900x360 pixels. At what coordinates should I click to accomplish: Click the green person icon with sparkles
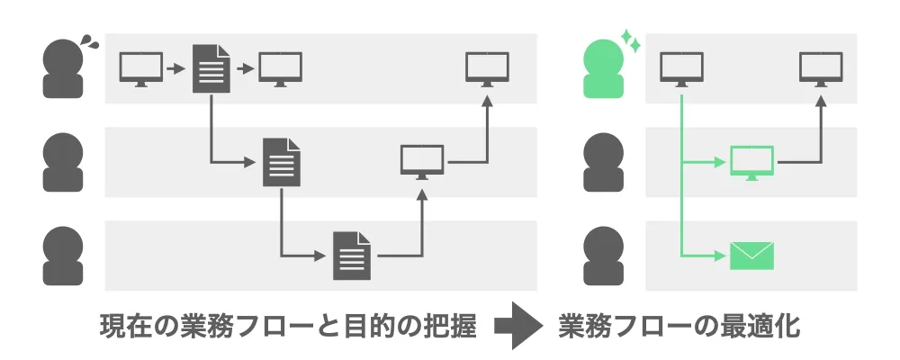[x=604, y=70]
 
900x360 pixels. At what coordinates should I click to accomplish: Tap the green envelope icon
[x=752, y=255]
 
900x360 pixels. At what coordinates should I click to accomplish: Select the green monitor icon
[x=752, y=162]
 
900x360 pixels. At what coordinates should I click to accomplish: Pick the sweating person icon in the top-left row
[x=64, y=70]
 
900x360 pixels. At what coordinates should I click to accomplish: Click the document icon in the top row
[x=211, y=68]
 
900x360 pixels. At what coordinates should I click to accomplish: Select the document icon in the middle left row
[x=281, y=162]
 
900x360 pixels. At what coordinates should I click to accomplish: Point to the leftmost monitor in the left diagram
[x=140, y=68]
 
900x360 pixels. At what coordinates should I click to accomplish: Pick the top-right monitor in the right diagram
[x=821, y=68]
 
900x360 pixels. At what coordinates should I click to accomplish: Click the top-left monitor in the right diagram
[x=681, y=68]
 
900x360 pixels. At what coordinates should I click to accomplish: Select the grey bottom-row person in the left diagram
[x=64, y=255]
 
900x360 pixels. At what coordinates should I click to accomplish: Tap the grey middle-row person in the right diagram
[x=604, y=163]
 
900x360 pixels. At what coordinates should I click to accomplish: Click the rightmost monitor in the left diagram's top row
[x=487, y=68]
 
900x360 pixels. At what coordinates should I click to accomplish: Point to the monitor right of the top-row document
[x=281, y=68]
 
